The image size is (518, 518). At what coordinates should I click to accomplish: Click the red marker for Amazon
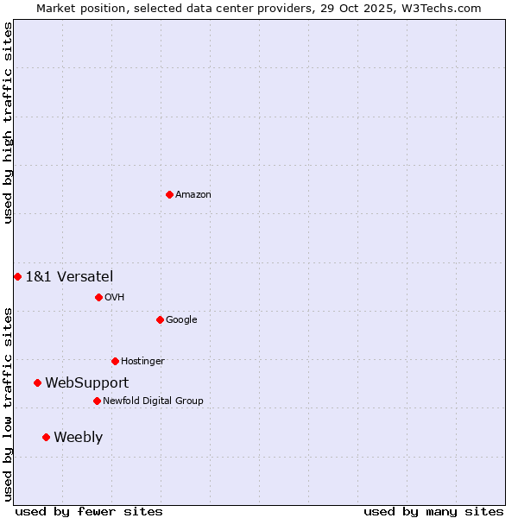(169, 194)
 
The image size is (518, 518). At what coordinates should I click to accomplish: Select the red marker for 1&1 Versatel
(17, 276)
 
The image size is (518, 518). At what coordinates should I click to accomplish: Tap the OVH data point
(98, 297)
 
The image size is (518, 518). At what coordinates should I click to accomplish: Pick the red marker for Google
(160, 319)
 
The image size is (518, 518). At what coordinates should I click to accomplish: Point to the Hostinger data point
(115, 361)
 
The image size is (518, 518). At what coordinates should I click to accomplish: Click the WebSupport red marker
(37, 382)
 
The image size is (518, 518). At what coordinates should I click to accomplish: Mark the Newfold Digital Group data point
(97, 401)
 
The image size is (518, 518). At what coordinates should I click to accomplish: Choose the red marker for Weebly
(46, 437)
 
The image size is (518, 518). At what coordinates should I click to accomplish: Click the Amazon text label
(193, 194)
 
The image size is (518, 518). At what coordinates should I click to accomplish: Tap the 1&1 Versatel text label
(69, 276)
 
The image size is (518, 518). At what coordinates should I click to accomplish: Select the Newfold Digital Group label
(153, 401)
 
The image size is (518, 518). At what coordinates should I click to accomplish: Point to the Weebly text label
(78, 437)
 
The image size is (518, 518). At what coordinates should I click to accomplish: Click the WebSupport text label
(86, 382)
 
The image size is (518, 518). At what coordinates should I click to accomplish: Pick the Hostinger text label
(142, 361)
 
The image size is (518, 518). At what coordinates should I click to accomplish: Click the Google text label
(181, 319)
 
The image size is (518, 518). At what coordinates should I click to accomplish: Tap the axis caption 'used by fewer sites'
(89, 511)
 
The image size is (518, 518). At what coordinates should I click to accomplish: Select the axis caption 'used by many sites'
(433, 511)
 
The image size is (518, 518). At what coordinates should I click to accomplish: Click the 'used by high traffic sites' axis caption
(8, 123)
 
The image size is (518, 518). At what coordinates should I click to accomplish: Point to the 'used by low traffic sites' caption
(8, 404)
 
